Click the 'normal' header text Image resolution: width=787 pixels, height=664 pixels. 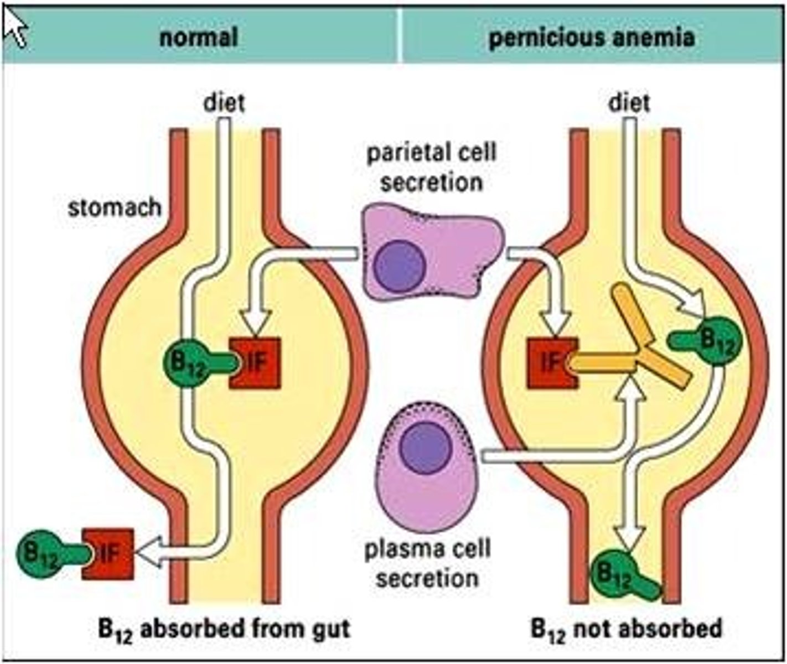pyautogui.click(x=199, y=38)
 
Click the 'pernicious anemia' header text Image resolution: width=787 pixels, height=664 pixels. pyautogui.click(x=591, y=38)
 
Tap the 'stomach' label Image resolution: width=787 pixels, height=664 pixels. pyautogui.click(x=115, y=208)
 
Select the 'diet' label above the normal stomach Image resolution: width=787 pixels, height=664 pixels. pyautogui.click(x=224, y=103)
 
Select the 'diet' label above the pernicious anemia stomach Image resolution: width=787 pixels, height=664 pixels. pyautogui.click(x=629, y=103)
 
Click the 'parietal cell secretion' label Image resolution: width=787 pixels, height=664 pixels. pyautogui.click(x=431, y=167)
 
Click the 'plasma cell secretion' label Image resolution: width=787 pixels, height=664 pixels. pyautogui.click(x=427, y=563)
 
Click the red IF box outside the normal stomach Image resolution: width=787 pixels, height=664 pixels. pyautogui.click(x=109, y=554)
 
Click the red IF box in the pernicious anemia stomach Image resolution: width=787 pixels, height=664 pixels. pyautogui.click(x=551, y=362)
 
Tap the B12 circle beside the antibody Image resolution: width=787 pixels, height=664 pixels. pyautogui.click(x=717, y=340)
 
